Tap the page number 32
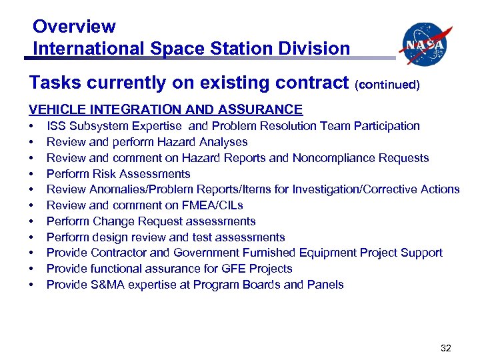(446, 347)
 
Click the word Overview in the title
(74, 27)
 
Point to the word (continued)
(387, 85)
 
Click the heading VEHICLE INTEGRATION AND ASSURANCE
(165, 109)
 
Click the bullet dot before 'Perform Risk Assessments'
(31, 174)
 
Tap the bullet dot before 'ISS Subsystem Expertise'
(31, 126)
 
